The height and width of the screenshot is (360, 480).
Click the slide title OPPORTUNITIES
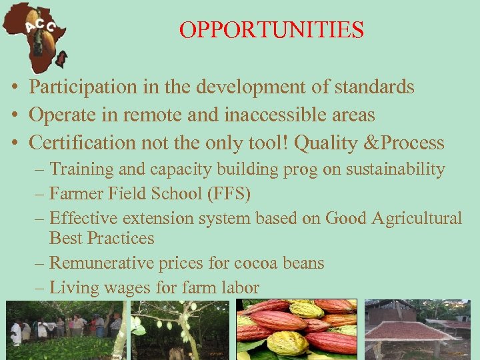(x=271, y=30)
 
